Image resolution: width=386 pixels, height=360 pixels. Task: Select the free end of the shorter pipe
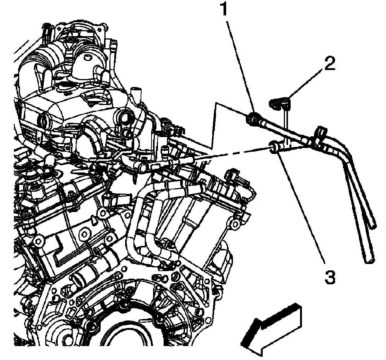[x=372, y=224]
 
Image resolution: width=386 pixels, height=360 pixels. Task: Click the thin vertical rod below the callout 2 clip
[x=287, y=124]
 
